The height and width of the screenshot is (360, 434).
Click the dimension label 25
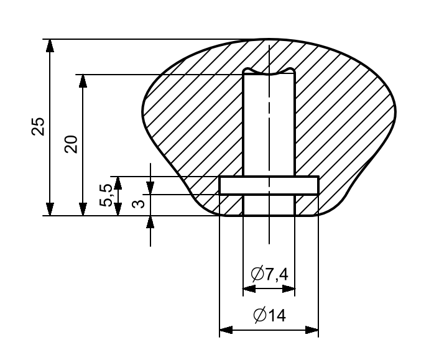pos(38,126)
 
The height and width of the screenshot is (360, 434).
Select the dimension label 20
pos(71,144)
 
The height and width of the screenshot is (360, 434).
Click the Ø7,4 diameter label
pos(269,274)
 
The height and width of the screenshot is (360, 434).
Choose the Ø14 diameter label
pos(269,315)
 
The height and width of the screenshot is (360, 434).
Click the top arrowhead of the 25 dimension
pos(50,45)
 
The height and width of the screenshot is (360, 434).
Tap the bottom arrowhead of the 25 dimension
pos(50,209)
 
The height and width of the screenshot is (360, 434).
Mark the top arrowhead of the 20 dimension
pos(83,81)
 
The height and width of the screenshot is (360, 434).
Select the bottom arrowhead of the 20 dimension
pos(83,209)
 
